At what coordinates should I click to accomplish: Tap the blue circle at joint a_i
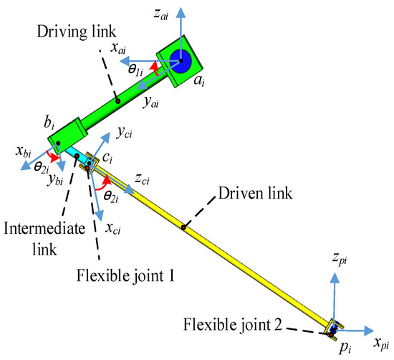pos(179,62)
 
